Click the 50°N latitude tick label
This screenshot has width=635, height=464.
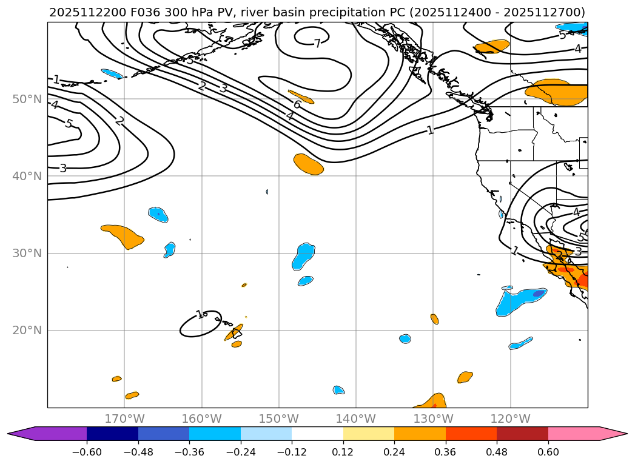27,99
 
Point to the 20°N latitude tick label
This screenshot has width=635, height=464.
27,331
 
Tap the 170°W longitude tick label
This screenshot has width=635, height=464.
124,419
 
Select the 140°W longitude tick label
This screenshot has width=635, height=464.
356,419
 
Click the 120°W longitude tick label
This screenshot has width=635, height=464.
510,419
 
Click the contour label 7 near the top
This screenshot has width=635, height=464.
317,44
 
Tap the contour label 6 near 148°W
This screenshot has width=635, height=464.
297,104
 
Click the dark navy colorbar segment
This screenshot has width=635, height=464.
112,434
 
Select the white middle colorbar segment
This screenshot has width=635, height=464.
317,434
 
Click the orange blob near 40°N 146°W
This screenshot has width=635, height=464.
308,164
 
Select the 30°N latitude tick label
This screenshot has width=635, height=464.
27,254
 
